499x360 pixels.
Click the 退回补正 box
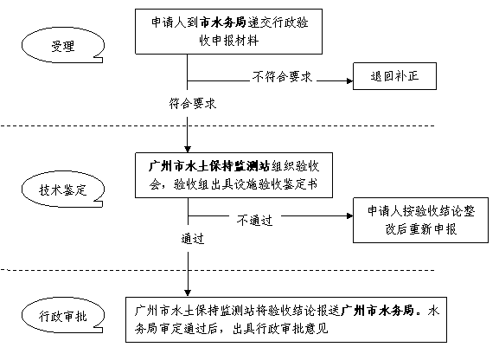pos(394,76)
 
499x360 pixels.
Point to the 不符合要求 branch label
pos(282,77)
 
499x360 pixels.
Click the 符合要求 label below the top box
pos(193,104)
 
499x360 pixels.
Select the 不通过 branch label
pos(254,220)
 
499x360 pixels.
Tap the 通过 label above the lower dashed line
pos(193,238)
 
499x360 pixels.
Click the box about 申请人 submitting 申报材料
pos(228,31)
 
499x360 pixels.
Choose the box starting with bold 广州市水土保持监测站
pos(234,175)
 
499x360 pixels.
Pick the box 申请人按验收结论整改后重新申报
pos(420,220)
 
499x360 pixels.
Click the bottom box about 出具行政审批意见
pos(286,319)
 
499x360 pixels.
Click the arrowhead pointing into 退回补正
pos(349,81)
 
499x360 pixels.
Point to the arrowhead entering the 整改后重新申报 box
pos(349,216)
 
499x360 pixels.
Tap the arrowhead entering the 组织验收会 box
pos(188,149)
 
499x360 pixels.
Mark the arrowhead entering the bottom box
pos(188,293)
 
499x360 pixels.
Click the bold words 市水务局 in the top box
pos(222,22)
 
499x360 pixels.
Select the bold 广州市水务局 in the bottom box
pos(377,311)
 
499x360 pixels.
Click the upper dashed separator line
pos(218,125)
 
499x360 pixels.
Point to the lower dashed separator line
pos(218,270)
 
